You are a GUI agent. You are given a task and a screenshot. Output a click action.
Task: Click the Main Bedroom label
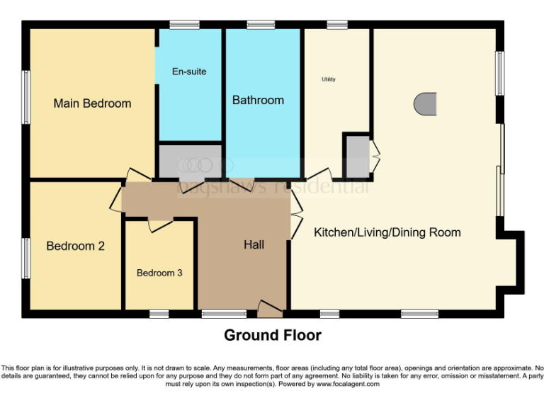point(92,103)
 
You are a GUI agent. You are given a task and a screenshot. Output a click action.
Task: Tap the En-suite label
point(189,72)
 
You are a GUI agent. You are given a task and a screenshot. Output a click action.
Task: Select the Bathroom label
point(258,101)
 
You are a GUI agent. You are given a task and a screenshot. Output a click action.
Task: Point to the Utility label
point(329,79)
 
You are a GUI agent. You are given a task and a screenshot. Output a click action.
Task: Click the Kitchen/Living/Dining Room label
point(387,232)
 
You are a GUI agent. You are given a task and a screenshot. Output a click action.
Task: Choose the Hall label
point(254,245)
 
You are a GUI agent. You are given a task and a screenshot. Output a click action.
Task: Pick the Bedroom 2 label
point(75,246)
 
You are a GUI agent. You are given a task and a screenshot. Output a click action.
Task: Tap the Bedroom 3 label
point(160,273)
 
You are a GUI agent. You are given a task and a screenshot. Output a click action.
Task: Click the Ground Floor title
point(273,335)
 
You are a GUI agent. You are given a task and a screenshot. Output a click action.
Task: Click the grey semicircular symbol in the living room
point(424,104)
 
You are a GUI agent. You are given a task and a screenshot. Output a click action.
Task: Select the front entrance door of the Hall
point(270,308)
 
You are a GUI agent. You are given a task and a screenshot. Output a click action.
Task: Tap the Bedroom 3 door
point(159,225)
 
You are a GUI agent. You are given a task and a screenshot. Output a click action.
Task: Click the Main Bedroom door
point(138,176)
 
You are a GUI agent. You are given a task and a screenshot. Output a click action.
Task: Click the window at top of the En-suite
point(184,25)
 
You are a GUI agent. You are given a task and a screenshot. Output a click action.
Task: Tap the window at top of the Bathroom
point(261,25)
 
